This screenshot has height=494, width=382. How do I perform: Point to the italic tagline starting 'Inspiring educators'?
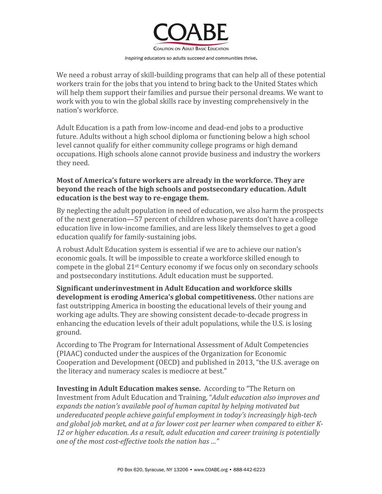pos(191,58)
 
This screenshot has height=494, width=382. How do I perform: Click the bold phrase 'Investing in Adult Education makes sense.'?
pos(128,389)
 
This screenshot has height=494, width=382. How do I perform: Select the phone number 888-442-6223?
pos(249,469)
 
